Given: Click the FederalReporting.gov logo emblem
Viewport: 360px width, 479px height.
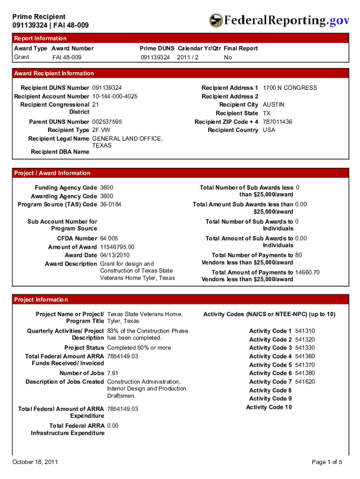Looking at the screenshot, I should click(216, 21).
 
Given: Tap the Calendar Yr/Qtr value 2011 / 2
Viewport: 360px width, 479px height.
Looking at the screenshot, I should click(187, 57).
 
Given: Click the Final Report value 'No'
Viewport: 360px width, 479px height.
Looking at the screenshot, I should click(228, 57).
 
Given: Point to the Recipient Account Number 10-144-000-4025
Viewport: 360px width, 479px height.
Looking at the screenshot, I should click(115, 96).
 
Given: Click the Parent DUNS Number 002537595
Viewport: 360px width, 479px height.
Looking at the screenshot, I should click(107, 122).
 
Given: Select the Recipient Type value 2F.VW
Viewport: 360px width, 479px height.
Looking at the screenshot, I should click(101, 130).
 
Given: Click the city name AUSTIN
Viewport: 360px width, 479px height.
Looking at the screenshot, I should click(274, 105).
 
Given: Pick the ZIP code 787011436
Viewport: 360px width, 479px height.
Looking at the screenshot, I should click(278, 122).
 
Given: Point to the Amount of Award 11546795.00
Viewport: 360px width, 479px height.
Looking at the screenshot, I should click(117, 247).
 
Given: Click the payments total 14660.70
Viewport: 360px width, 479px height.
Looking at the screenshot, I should click(307, 272).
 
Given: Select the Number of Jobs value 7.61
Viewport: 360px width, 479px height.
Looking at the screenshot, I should click(113, 373).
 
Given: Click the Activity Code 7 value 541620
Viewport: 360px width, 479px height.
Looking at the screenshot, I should click(305, 382).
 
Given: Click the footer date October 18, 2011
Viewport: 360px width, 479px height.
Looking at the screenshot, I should click(35, 462).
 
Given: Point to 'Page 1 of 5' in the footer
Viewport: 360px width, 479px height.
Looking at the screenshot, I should click(327, 462).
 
